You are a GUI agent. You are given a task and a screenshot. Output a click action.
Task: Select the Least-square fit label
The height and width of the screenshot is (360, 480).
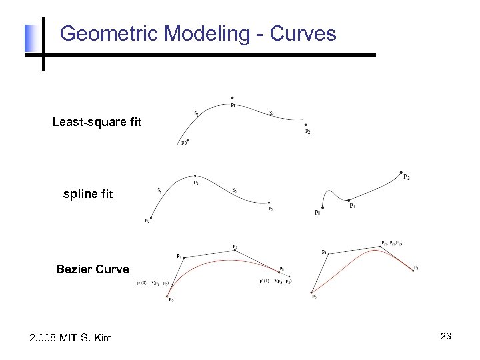[x=97, y=122]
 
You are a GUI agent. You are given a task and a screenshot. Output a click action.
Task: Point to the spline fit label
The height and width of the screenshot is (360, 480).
[x=88, y=195]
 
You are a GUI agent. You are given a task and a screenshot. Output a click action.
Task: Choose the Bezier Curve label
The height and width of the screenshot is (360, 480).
[x=92, y=269]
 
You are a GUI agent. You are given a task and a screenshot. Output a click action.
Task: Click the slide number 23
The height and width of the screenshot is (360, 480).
[x=446, y=337]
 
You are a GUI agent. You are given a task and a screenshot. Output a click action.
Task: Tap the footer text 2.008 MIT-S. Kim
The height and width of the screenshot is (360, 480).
[x=71, y=338]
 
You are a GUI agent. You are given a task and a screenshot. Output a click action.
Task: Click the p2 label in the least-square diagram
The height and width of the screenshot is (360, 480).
[x=307, y=131]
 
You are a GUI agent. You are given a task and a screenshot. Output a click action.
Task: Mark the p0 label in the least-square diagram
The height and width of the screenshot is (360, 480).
[x=183, y=141]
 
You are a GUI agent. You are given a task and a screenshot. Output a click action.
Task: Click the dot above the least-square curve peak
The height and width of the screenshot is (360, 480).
[x=232, y=97]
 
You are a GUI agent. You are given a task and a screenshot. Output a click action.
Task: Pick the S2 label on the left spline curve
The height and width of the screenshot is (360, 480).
[x=234, y=190]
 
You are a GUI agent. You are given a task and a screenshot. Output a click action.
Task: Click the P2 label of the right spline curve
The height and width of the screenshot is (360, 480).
[x=407, y=177]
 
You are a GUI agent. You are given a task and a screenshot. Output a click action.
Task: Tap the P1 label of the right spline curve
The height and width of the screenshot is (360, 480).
[x=352, y=206]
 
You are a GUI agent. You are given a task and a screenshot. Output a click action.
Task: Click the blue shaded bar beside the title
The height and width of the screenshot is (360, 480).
[x=29, y=38]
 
